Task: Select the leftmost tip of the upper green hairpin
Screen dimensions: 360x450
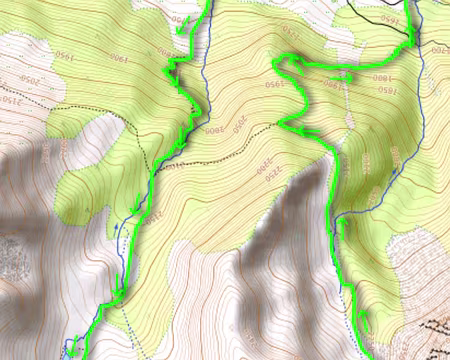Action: click(x=275, y=64)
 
